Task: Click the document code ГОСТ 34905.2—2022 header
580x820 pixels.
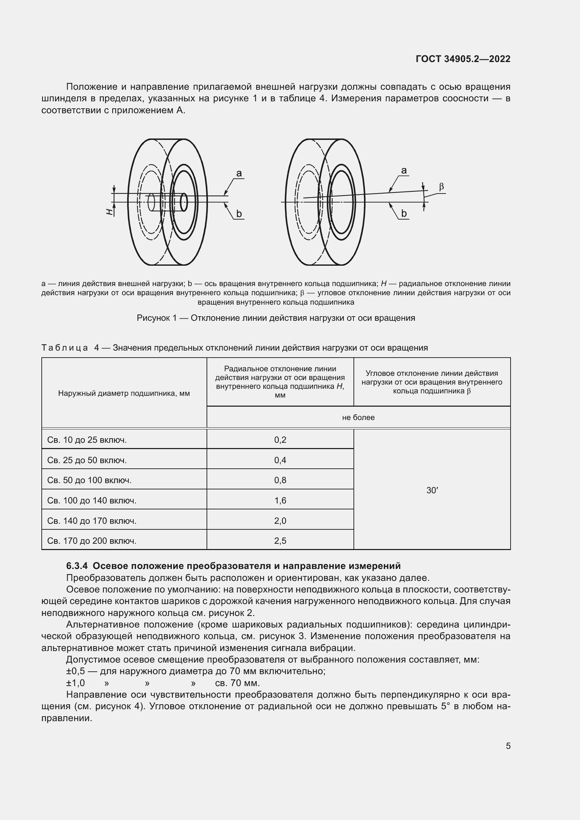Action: coord(463,59)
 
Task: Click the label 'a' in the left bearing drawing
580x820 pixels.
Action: coord(239,173)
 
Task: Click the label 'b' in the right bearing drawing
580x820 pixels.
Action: coord(404,213)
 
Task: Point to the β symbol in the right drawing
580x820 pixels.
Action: coord(441,187)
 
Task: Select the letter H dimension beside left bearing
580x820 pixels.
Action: coord(110,212)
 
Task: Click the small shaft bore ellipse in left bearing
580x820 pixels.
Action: coord(184,202)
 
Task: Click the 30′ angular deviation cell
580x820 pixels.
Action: coord(432,490)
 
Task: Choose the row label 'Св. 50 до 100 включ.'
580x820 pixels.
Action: coord(89,480)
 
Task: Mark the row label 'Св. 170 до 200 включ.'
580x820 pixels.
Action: coord(92,541)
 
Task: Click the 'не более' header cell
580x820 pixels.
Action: coord(358,417)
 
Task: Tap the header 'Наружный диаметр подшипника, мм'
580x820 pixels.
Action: coord(124,393)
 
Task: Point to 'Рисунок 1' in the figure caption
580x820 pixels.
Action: coord(156,318)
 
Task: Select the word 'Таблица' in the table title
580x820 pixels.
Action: coord(65,347)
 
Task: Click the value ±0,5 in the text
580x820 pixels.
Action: coord(75,671)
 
